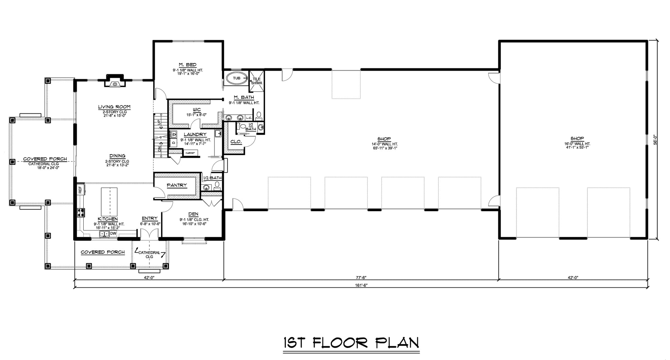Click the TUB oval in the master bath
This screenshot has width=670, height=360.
237,78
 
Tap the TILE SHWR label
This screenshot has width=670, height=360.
257,81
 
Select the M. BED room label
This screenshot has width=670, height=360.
188,65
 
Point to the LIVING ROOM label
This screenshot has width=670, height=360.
114,107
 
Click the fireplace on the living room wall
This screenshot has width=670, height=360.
113,81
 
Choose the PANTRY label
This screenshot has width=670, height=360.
177,185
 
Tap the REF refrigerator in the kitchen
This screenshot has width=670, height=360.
80,189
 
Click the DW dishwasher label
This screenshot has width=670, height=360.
113,234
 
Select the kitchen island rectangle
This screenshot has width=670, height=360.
109,201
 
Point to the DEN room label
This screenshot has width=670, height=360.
193,214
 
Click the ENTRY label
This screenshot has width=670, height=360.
150,218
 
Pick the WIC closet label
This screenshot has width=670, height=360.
197,110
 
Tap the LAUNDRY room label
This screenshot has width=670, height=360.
195,134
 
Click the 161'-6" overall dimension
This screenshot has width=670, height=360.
362,285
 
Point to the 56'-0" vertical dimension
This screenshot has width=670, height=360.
656,140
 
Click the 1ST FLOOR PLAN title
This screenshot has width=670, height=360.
351,343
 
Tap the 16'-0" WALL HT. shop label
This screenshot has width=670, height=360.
577,144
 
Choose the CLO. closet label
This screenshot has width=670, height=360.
236,142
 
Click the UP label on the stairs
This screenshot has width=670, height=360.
159,122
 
